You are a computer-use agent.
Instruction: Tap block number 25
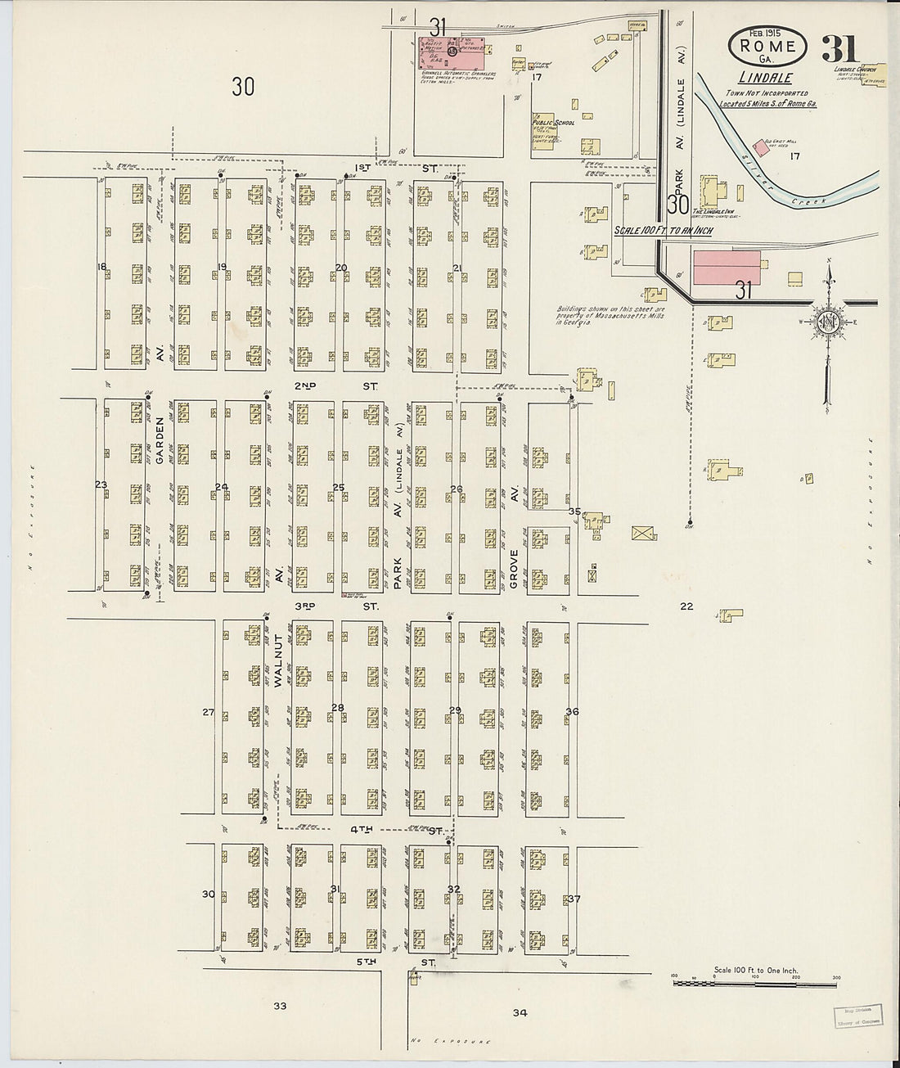click(x=339, y=489)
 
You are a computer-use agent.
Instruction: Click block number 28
click(x=337, y=707)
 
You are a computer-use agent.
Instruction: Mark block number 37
click(x=574, y=899)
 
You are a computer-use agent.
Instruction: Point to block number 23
click(x=101, y=485)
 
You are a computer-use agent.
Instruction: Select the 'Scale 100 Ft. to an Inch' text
click(x=663, y=231)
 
